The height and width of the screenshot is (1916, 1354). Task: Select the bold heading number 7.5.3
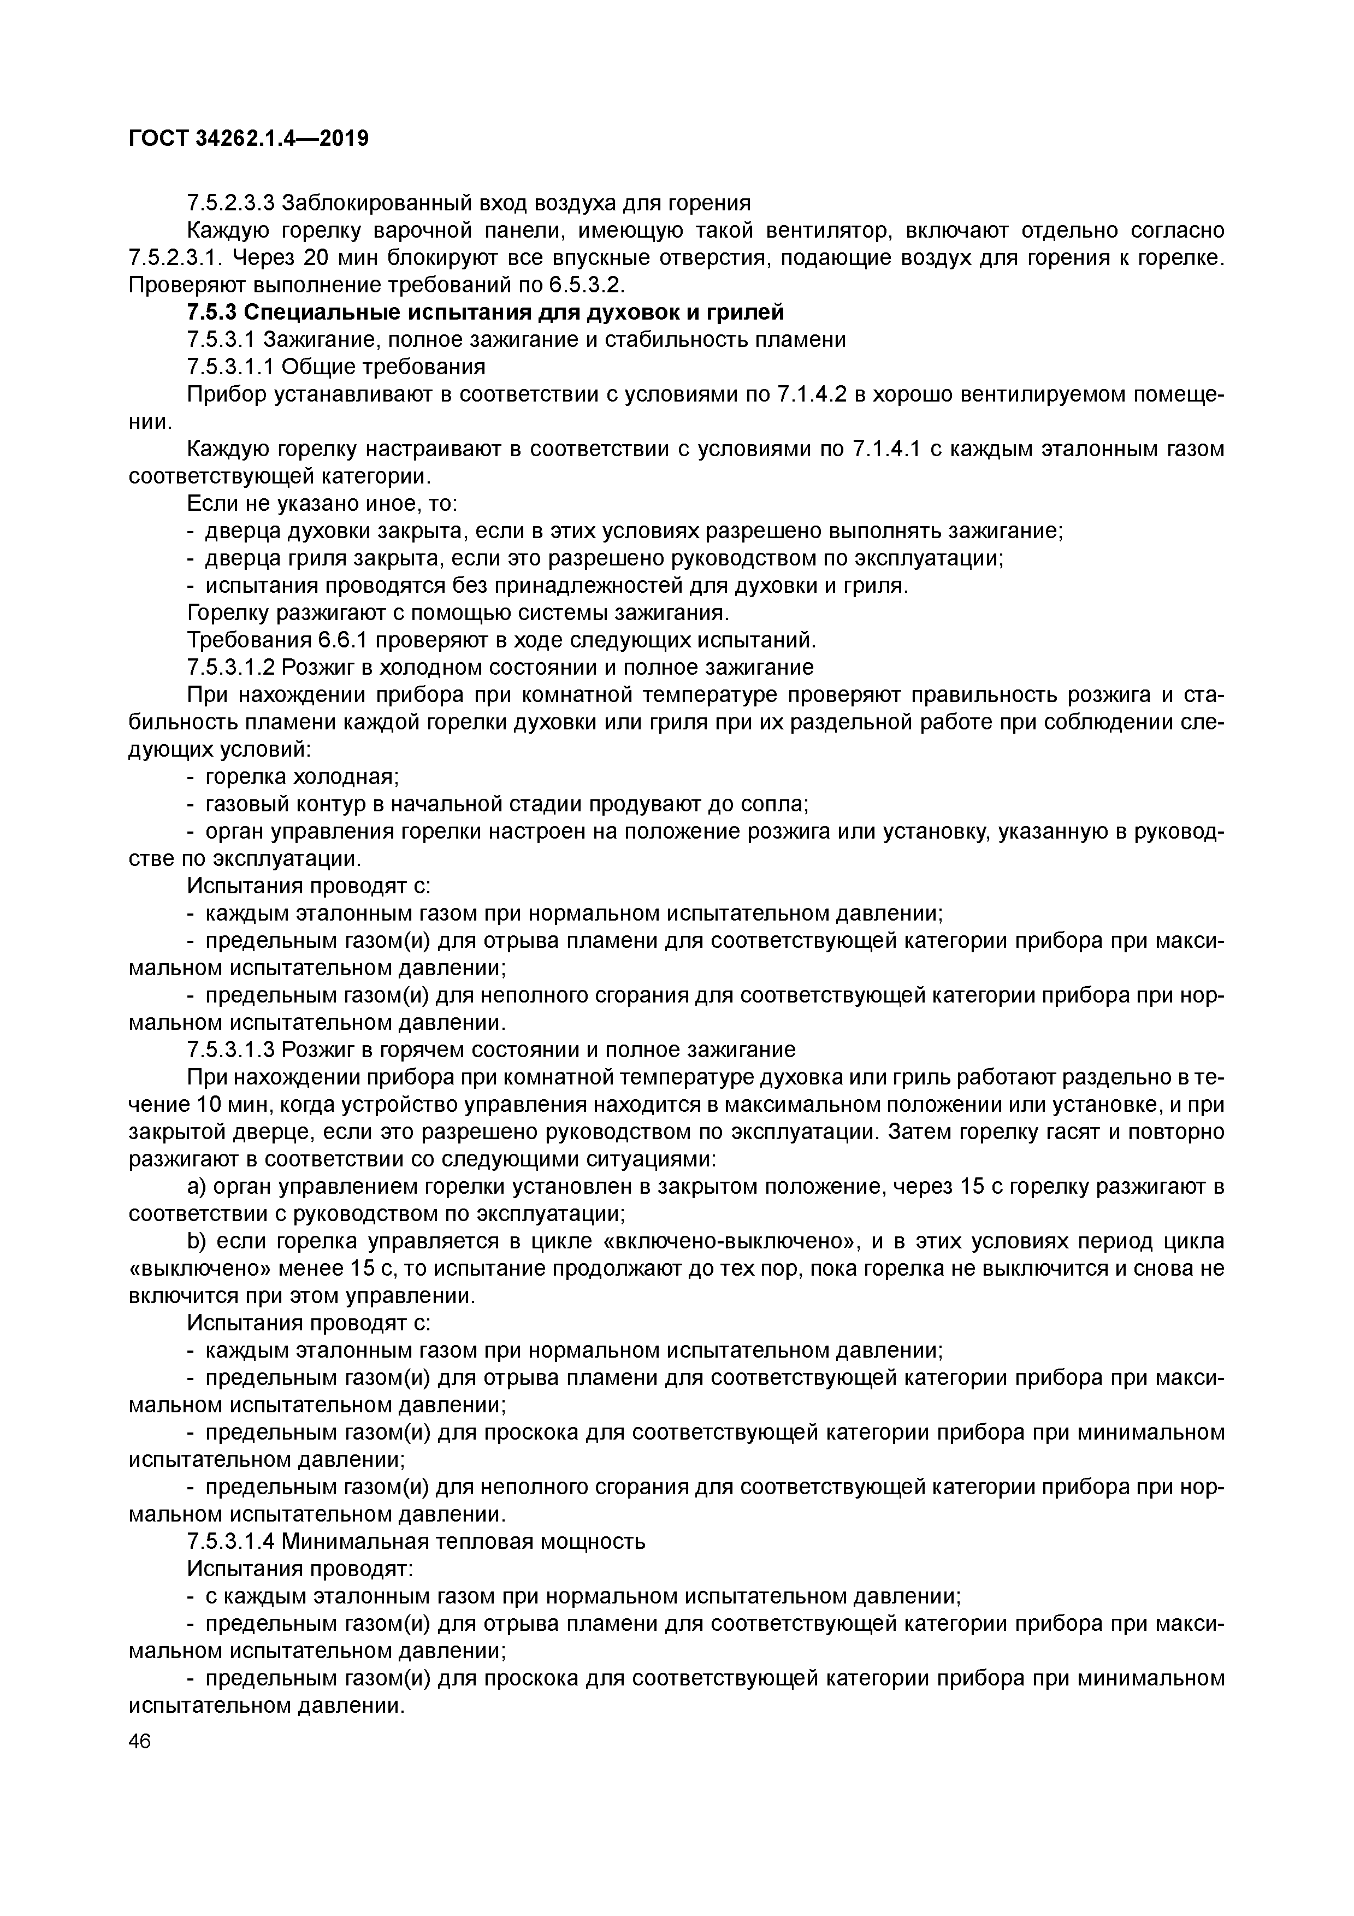click(212, 313)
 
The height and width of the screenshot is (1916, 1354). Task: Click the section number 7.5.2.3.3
click(231, 203)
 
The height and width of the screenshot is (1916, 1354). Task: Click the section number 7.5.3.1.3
click(231, 1050)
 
